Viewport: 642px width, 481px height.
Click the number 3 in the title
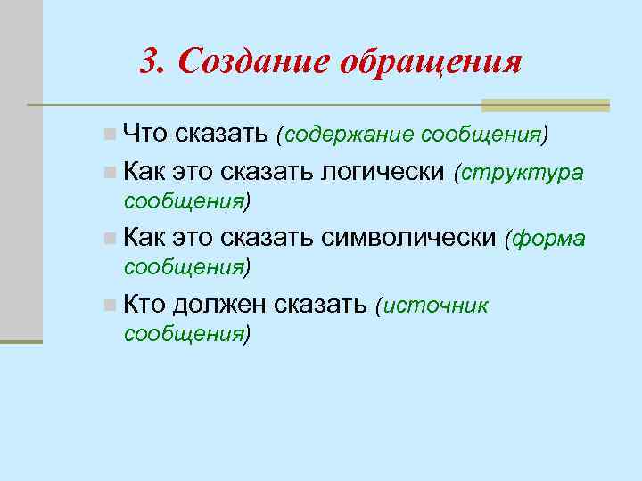(x=152, y=62)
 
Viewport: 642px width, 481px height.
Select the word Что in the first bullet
(x=146, y=135)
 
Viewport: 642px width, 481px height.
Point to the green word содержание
(x=348, y=135)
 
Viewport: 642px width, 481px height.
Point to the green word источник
(x=436, y=306)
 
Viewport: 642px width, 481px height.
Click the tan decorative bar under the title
(x=544, y=105)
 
